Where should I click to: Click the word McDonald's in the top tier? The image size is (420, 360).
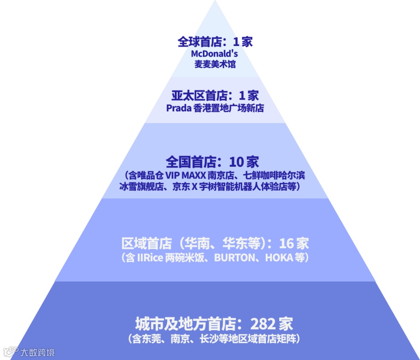point(215,54)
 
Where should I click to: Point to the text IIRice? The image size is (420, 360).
point(150,257)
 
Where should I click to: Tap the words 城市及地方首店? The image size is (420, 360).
point(185,324)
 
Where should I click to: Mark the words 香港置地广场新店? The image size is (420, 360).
point(229,108)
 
